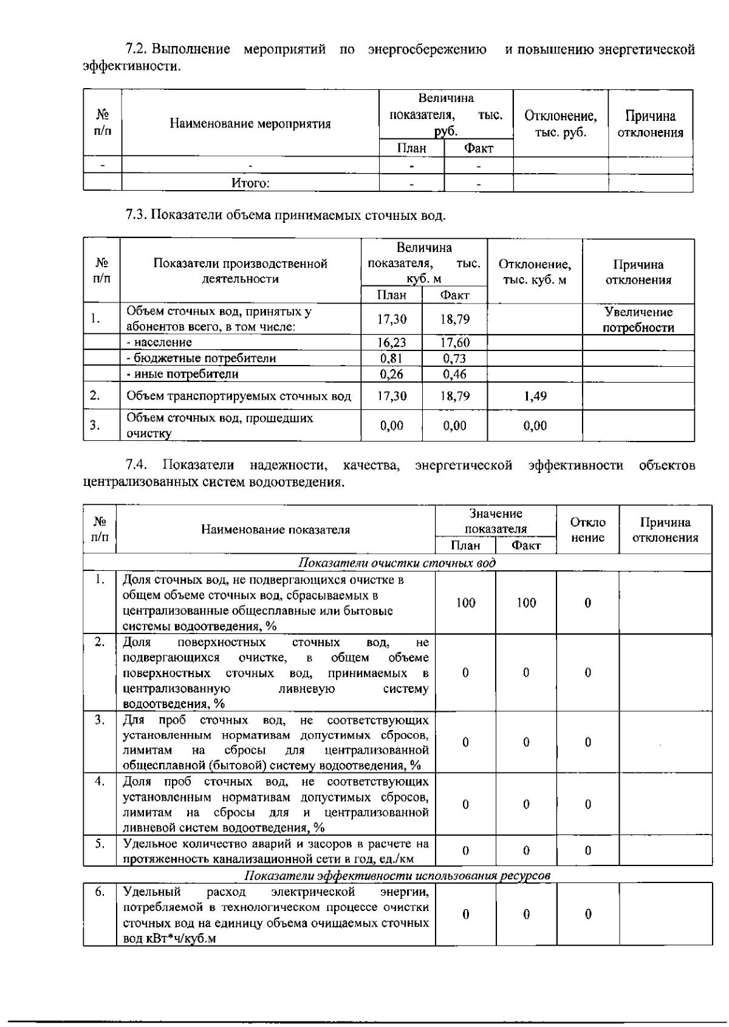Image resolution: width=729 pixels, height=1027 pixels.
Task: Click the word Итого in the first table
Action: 250,183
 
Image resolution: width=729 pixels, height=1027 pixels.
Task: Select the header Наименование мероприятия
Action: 250,124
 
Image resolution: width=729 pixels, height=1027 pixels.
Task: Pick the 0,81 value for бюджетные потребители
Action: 392,358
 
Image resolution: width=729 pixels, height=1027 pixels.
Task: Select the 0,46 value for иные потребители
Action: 454,374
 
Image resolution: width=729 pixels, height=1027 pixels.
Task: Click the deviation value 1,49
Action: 535,397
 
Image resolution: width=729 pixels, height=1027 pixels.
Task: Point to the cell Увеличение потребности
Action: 638,320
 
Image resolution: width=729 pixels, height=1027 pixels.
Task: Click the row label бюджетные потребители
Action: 200,358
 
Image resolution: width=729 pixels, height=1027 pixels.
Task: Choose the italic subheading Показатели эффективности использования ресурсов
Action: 397,875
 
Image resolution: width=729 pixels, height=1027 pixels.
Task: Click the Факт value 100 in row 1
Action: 526,603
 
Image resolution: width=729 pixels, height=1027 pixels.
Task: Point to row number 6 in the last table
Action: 100,892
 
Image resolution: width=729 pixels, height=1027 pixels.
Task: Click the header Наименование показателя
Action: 275,530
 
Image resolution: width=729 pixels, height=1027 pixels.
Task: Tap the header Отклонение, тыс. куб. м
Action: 535,272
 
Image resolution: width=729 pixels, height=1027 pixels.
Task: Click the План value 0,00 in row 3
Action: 392,426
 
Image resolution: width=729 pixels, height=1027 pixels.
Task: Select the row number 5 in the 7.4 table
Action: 100,844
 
